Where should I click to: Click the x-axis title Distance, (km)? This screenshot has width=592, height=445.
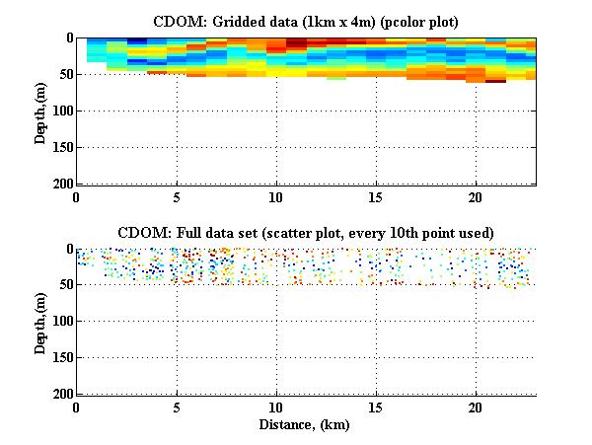[307, 424]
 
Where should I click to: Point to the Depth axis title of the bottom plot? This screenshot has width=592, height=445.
[40, 322]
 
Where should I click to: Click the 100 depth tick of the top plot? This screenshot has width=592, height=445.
[60, 111]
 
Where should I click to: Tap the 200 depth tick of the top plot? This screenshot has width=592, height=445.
[60, 184]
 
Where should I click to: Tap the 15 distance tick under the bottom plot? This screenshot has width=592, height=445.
[376, 407]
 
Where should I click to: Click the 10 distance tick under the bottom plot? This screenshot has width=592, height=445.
[276, 407]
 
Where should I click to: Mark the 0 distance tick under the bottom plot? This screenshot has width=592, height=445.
[77, 407]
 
